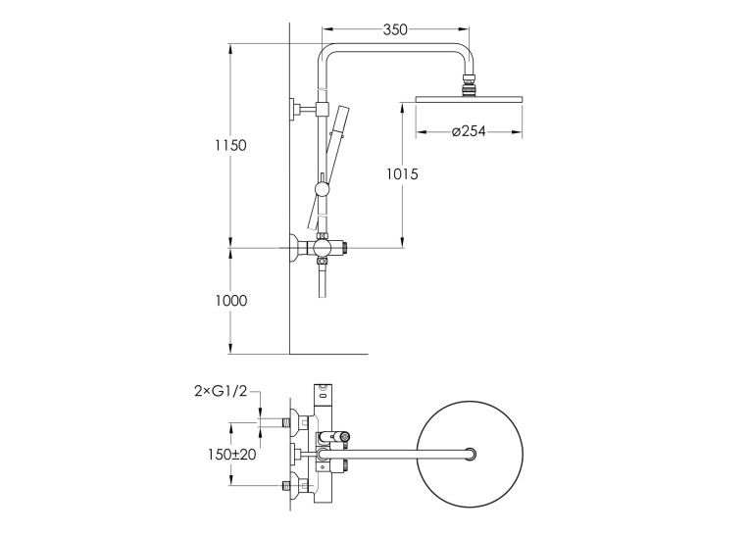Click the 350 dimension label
click(395, 29)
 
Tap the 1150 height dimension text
click(230, 145)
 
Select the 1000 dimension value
click(231, 301)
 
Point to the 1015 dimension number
click(402, 174)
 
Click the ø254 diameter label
click(469, 131)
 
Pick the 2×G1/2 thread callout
click(221, 391)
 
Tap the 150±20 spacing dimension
click(232, 455)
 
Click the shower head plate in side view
click(469, 99)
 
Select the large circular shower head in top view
click(470, 455)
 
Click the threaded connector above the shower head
click(469, 85)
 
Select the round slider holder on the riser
click(322, 189)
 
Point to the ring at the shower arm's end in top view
click(471, 454)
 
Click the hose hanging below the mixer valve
click(322, 281)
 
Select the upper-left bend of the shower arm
click(325, 52)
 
